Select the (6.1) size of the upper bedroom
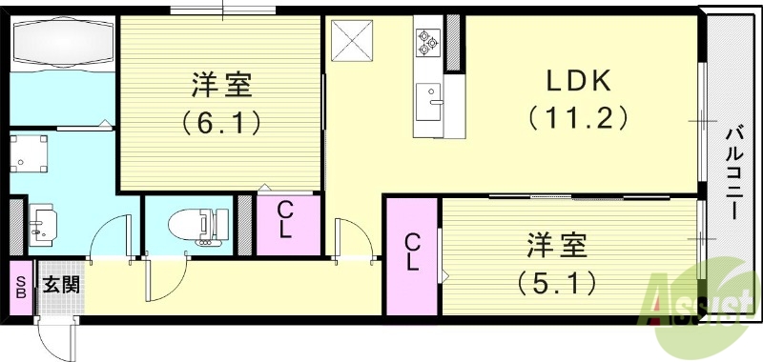pyautogui.click(x=220, y=121)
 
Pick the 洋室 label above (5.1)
pyautogui.click(x=557, y=247)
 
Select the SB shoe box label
pyautogui.click(x=20, y=286)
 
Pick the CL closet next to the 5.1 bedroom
pyautogui.click(x=412, y=252)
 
